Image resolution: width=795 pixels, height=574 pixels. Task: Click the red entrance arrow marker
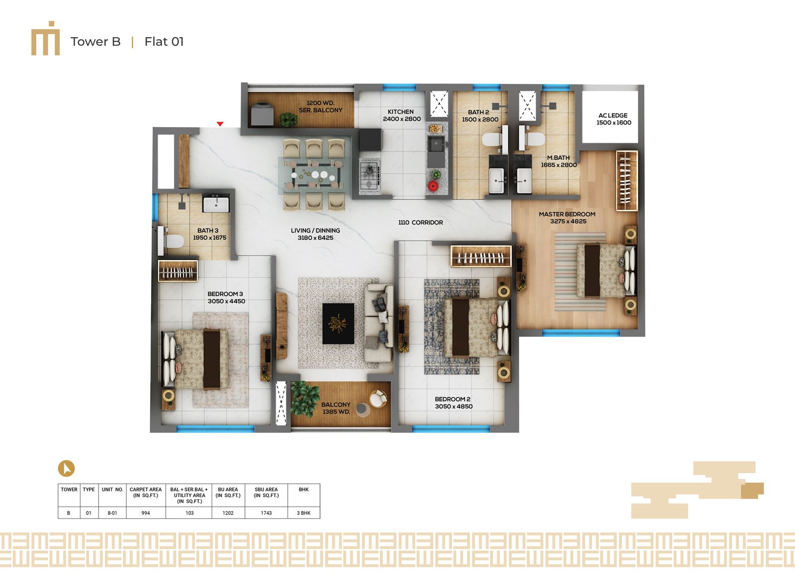coord(220,124)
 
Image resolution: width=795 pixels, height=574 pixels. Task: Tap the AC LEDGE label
coord(613,115)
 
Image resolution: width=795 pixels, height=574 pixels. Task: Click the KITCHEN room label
coord(400,112)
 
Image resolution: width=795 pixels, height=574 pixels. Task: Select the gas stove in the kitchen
coord(370,175)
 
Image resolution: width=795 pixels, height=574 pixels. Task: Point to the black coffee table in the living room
coord(338,324)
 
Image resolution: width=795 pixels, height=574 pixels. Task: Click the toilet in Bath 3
coord(171,241)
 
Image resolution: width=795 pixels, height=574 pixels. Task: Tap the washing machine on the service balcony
coord(262,114)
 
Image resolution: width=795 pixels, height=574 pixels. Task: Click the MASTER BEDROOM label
coord(567,215)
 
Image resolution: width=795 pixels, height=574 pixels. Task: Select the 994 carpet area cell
coord(146,513)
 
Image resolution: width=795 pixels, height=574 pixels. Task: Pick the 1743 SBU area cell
coord(266,513)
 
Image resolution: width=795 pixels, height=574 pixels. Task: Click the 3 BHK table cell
coord(304,513)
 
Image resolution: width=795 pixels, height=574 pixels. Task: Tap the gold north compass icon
coord(67,468)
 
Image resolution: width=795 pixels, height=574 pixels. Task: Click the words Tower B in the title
coord(95,42)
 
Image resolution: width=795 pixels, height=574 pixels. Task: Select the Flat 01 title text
coord(164,42)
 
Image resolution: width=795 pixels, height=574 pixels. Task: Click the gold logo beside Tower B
coord(45,38)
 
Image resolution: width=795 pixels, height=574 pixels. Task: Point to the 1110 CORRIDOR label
coord(420,223)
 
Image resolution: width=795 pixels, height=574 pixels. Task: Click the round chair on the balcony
coord(378,398)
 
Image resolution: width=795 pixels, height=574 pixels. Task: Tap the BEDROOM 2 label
coord(453,399)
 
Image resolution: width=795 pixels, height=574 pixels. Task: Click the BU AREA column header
coord(228,493)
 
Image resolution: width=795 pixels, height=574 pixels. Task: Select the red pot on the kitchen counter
coord(433,186)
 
